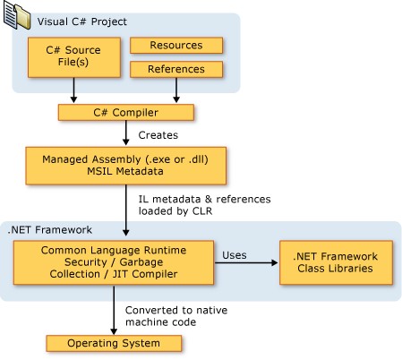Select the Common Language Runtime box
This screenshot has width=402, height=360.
(x=110, y=261)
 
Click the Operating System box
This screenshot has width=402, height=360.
(x=115, y=344)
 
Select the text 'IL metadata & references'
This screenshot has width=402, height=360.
(x=198, y=198)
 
